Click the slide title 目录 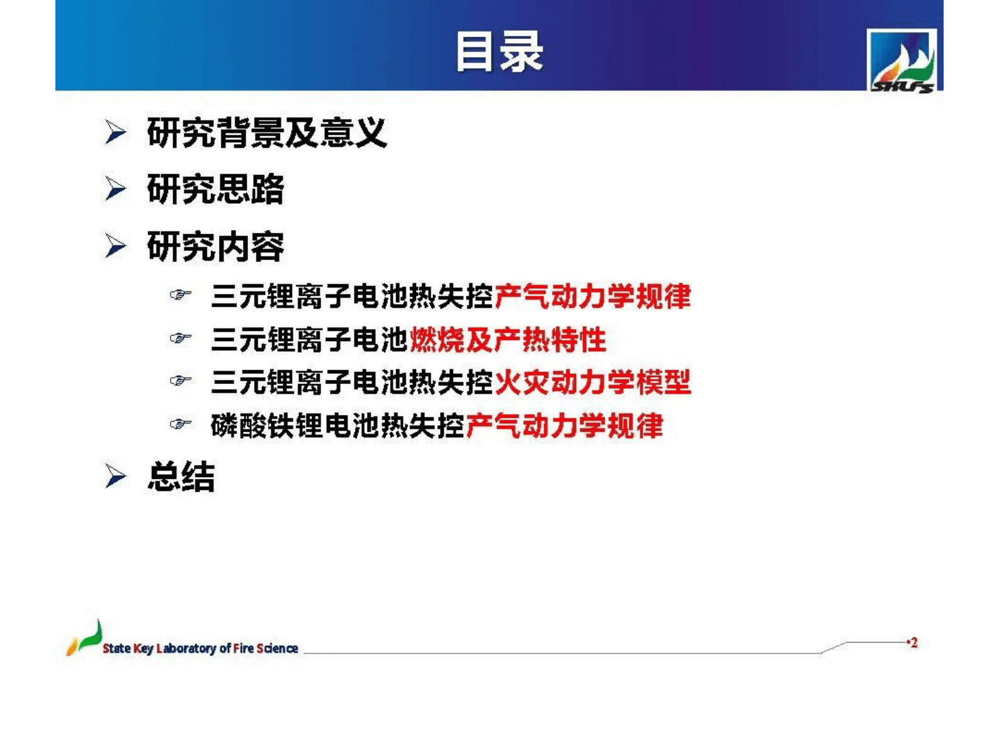click(x=499, y=52)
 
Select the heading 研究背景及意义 click(x=266, y=133)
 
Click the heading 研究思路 click(x=215, y=189)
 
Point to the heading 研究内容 click(x=215, y=246)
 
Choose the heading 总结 click(x=181, y=476)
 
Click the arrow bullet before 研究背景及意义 click(x=115, y=133)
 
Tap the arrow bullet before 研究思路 click(x=115, y=189)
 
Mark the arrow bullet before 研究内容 click(x=115, y=246)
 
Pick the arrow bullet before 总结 click(x=115, y=476)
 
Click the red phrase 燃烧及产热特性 click(x=508, y=340)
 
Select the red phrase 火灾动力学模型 click(x=592, y=382)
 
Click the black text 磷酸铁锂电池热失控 click(x=337, y=425)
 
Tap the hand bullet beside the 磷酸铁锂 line click(x=180, y=424)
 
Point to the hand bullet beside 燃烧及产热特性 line click(x=180, y=339)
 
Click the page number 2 click(x=913, y=643)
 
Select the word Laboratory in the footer click(x=186, y=648)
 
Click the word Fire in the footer click(x=243, y=648)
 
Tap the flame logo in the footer click(x=84, y=638)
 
